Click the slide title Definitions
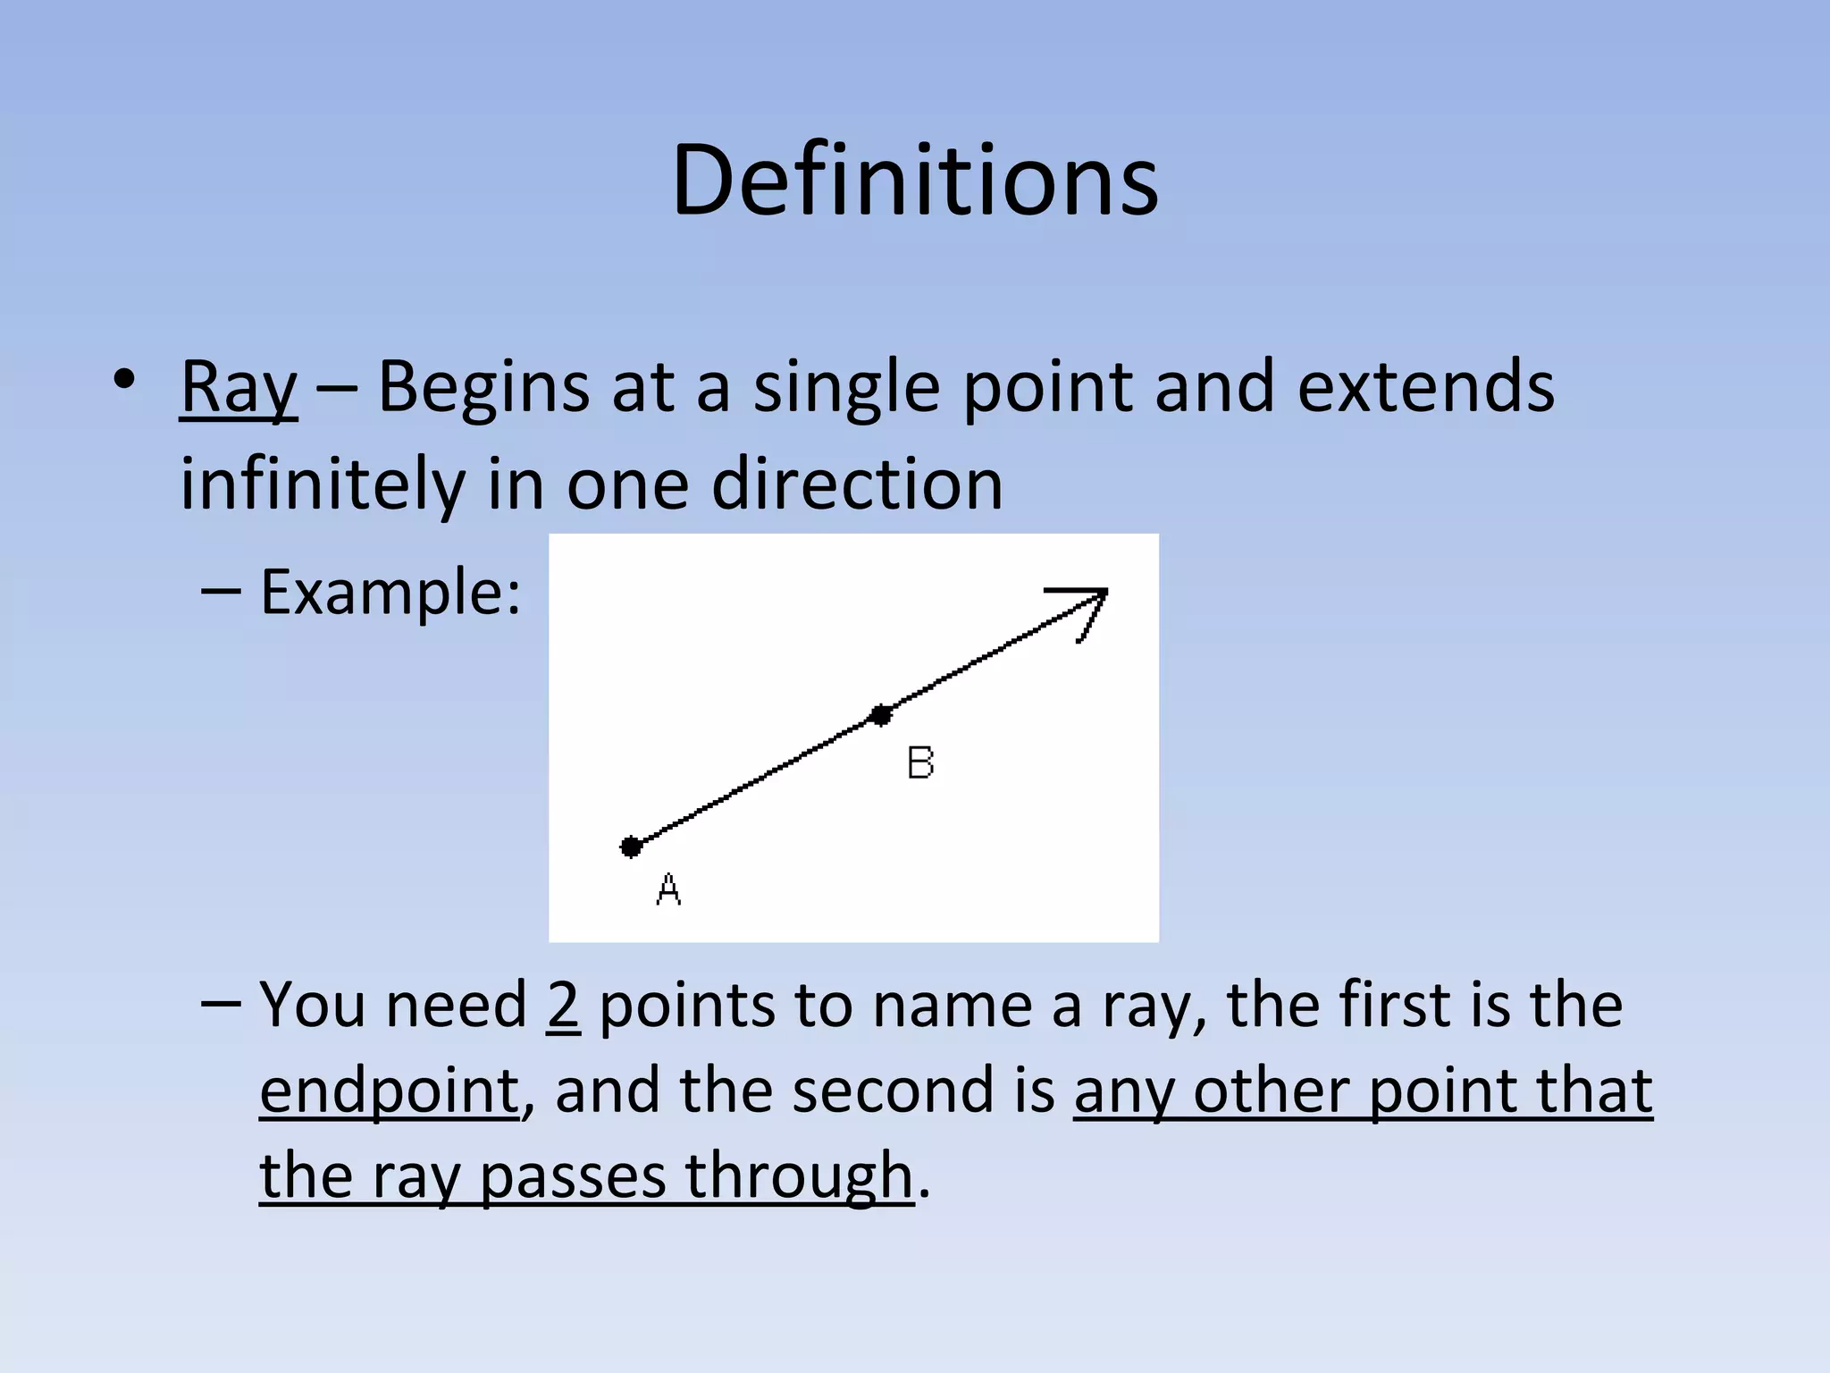point(915,181)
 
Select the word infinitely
point(322,484)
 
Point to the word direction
point(857,484)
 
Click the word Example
point(390,593)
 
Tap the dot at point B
point(881,715)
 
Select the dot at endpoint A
point(631,847)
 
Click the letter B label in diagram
point(920,763)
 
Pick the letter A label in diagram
point(668,889)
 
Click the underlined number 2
point(563,1006)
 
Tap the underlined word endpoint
point(390,1092)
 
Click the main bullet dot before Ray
point(124,379)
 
